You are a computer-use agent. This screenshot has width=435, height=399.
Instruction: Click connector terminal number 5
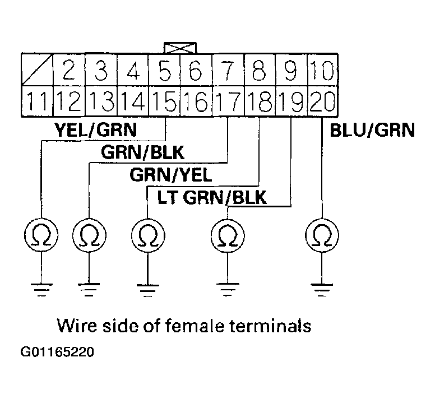[x=166, y=71]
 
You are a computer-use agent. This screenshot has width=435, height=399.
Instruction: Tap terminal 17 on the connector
[x=228, y=103]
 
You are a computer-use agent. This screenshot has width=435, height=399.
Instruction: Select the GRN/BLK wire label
[x=142, y=152]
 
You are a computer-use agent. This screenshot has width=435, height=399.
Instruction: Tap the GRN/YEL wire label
[x=171, y=175]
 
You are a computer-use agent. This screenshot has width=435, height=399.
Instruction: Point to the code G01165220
[x=57, y=353]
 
